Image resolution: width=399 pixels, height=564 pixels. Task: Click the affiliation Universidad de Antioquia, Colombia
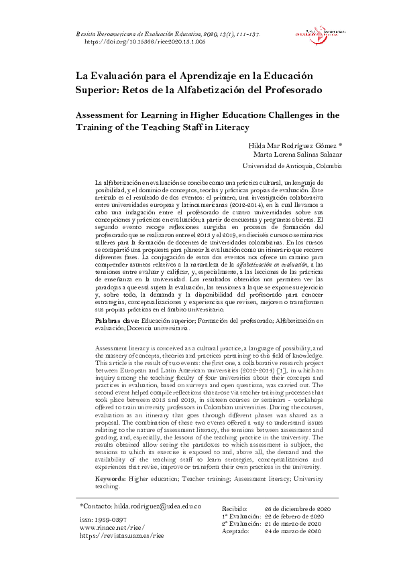coord(292,166)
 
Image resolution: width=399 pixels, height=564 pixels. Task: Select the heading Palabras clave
coord(115,322)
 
